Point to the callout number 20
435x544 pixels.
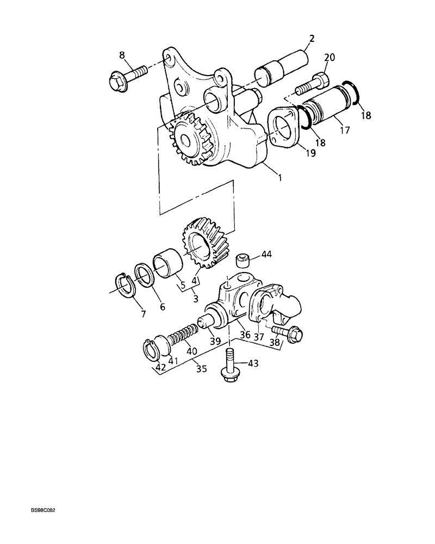click(330, 57)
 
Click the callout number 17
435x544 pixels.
click(345, 130)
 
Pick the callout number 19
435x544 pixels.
click(310, 153)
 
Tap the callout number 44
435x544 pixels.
click(267, 254)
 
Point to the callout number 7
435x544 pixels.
click(144, 314)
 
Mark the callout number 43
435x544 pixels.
click(253, 363)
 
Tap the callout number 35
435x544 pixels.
click(201, 369)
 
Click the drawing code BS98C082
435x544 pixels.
click(44, 511)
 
